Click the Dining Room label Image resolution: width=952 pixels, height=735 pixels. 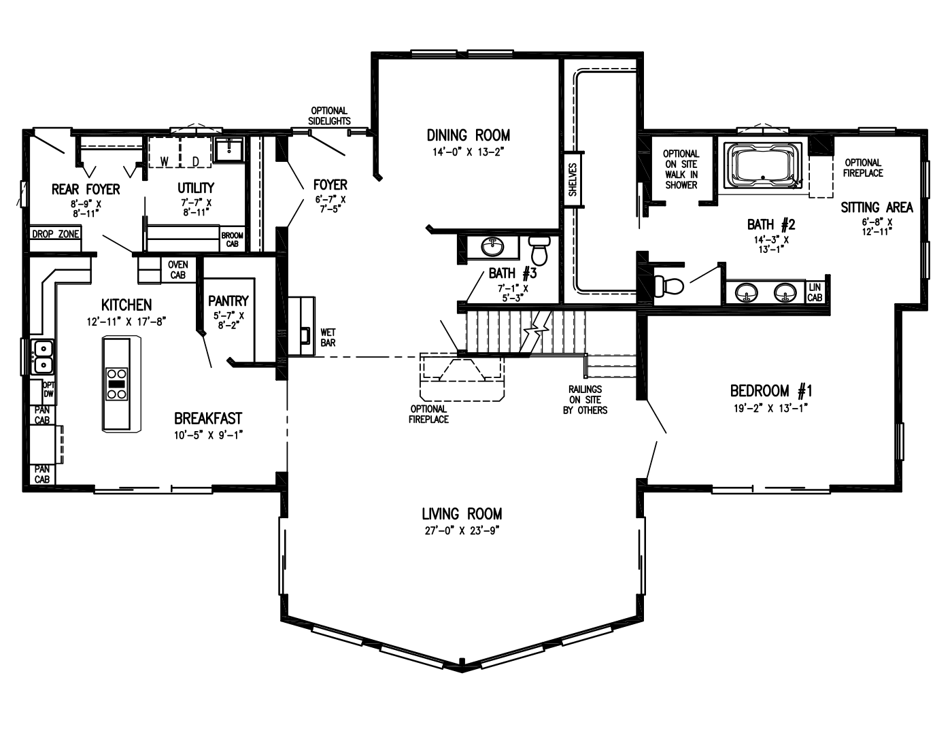(x=468, y=135)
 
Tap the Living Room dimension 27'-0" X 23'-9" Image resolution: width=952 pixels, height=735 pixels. (x=462, y=531)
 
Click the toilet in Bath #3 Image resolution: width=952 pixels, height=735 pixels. (x=539, y=250)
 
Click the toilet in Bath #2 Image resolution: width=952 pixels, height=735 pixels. (x=668, y=286)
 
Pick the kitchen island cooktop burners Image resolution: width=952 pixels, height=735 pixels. (x=117, y=383)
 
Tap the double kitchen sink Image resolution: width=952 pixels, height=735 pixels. (x=42, y=357)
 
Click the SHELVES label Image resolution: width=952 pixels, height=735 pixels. (x=573, y=180)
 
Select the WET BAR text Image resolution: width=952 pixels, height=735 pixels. (x=328, y=338)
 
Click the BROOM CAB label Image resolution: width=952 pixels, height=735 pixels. (x=232, y=239)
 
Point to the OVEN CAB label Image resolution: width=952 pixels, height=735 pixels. (x=177, y=270)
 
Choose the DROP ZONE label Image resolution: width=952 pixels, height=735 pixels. (x=56, y=235)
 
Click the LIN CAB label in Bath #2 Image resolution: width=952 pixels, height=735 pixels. (x=815, y=292)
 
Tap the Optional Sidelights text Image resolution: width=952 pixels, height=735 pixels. (x=329, y=116)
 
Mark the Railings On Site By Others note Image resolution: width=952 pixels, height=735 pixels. (x=585, y=400)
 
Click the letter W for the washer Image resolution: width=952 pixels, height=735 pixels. (x=165, y=161)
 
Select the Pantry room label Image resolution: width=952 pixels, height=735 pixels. (x=228, y=301)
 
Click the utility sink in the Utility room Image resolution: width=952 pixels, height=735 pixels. (x=229, y=148)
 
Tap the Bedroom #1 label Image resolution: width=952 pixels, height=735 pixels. (x=770, y=391)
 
